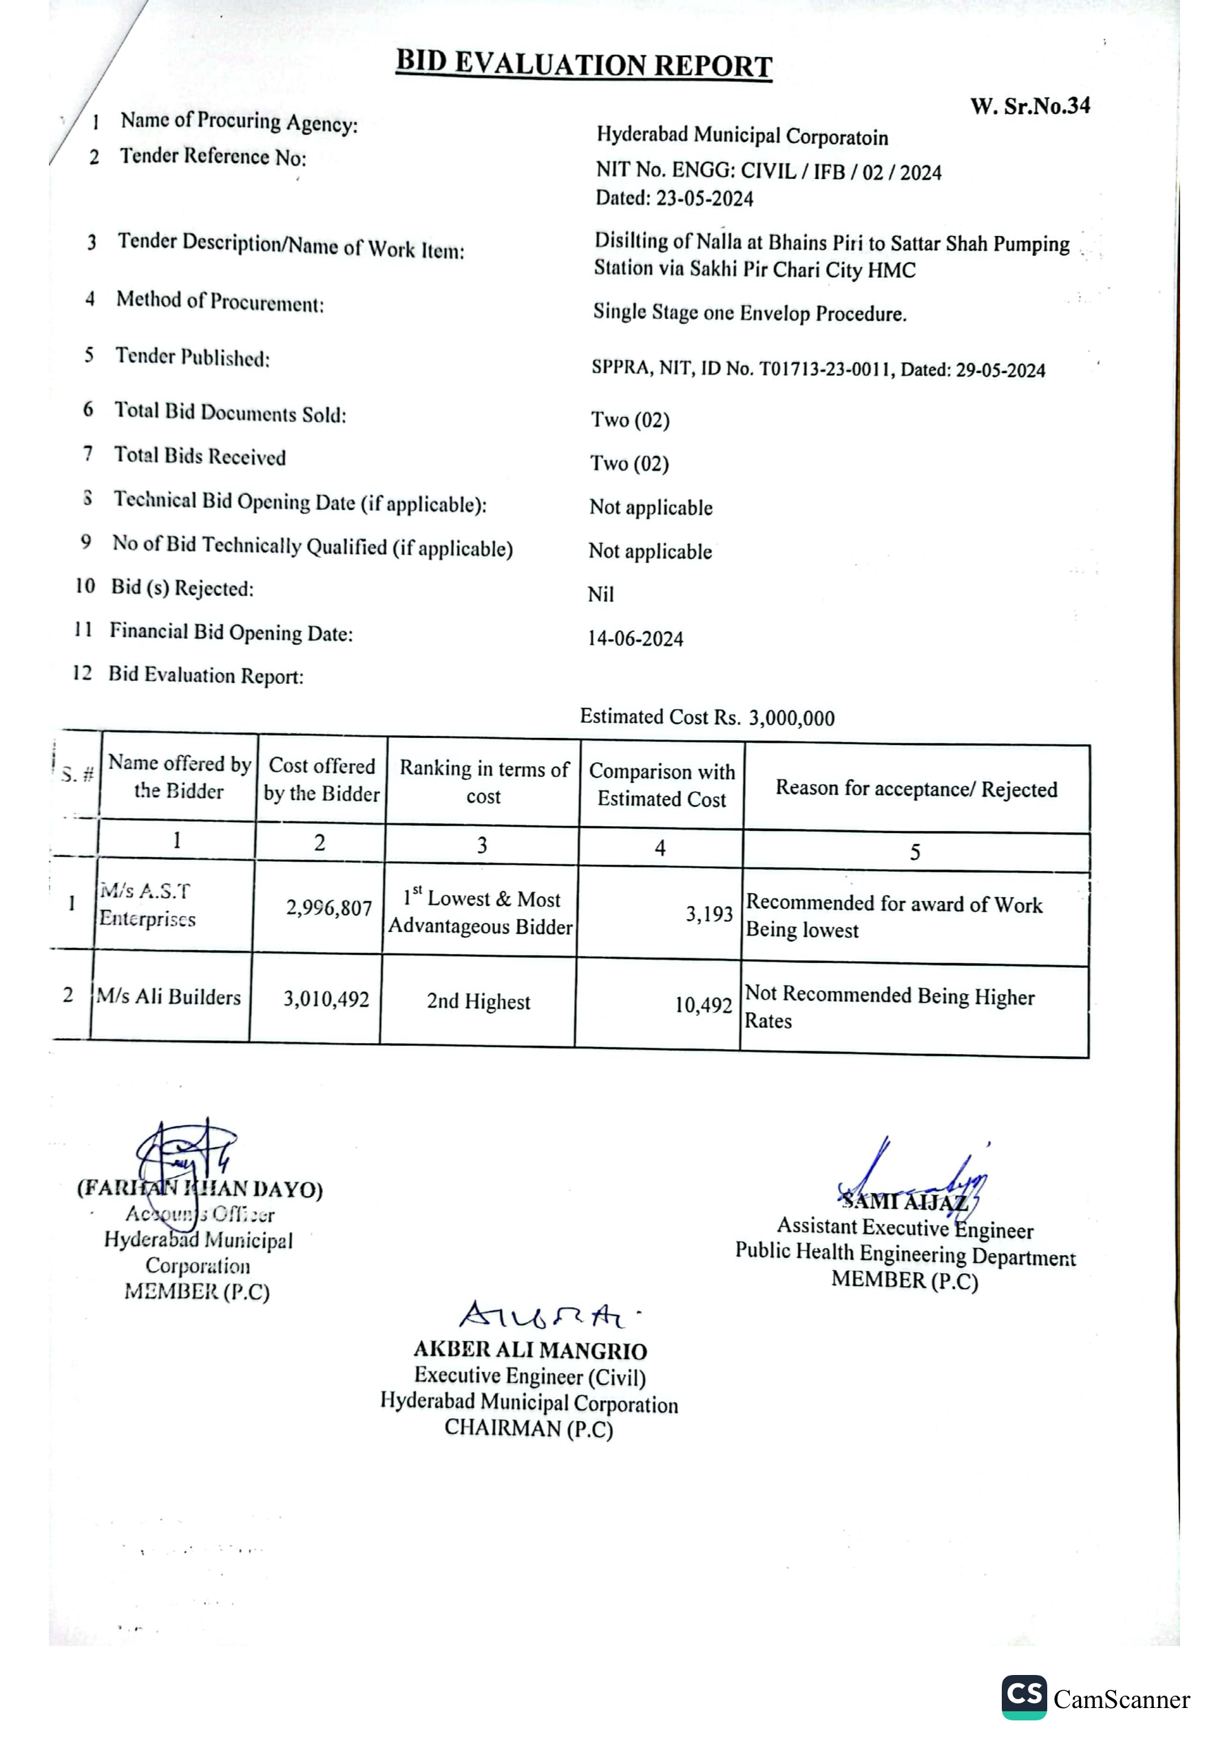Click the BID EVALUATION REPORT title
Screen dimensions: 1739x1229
(583, 65)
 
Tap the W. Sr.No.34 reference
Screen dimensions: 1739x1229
(1030, 106)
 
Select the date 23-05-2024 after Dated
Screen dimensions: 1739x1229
(704, 199)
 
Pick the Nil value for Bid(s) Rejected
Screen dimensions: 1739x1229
(600, 595)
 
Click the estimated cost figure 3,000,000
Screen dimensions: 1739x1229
(792, 718)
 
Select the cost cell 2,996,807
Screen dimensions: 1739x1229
(329, 907)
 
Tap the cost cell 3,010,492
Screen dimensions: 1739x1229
(326, 999)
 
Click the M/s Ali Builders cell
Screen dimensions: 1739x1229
(168, 997)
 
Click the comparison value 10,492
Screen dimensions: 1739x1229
(703, 1005)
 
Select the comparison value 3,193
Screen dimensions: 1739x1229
(709, 914)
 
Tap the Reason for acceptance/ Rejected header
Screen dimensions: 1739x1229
(916, 789)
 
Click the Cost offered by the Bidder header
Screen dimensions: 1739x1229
(322, 779)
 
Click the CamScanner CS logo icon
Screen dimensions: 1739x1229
(1024, 1697)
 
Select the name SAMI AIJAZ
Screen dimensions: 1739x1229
(905, 1201)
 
